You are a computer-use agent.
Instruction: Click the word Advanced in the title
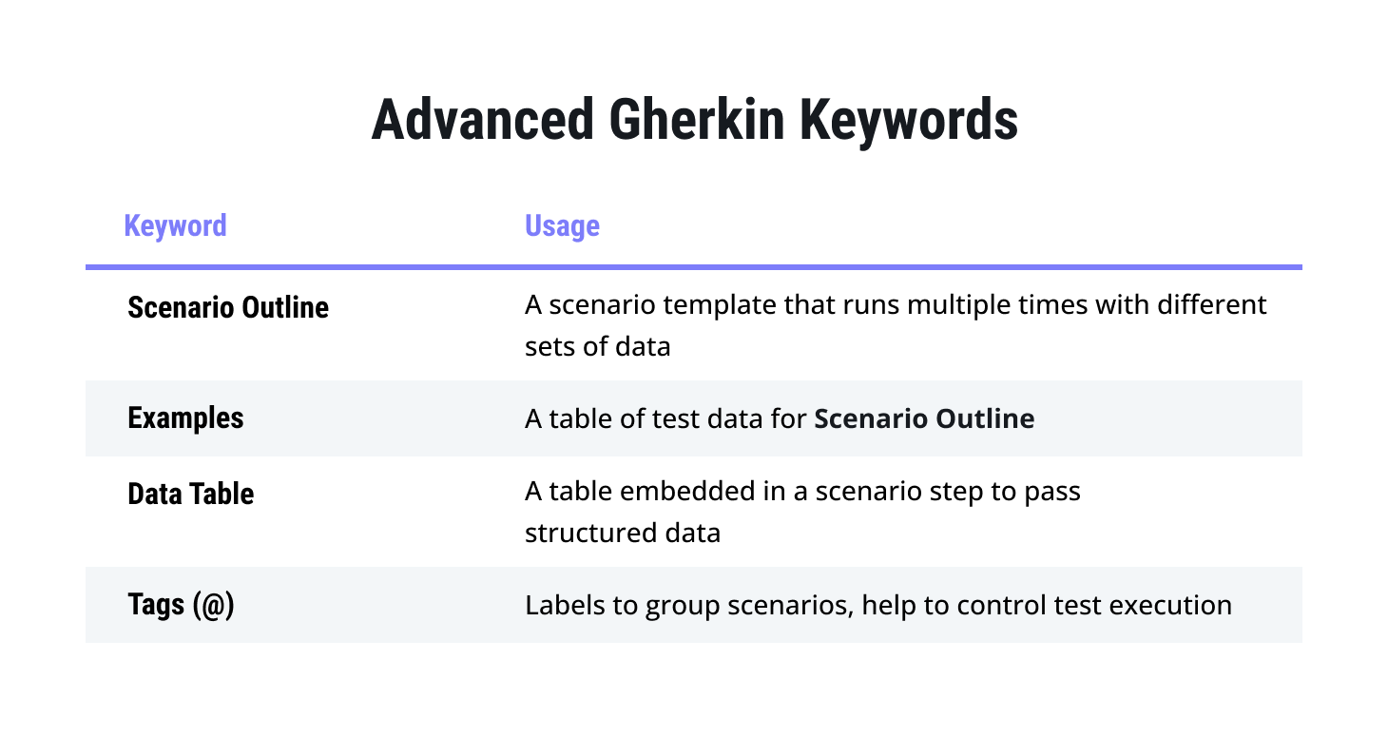pos(483,120)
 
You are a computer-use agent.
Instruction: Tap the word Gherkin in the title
pos(697,120)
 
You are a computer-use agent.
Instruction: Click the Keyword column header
pos(175,225)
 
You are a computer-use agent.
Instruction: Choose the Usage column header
pos(562,226)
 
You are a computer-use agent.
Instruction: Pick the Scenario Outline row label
pos(228,307)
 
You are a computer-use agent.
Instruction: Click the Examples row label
pos(185,418)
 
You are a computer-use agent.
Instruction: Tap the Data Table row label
pos(191,494)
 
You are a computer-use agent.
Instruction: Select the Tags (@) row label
pos(181,606)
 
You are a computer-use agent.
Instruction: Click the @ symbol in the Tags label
pos(213,606)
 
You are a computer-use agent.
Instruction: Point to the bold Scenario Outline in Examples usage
pos(924,418)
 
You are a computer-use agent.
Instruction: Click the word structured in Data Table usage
pos(591,533)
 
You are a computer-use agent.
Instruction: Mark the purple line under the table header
pos(694,267)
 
